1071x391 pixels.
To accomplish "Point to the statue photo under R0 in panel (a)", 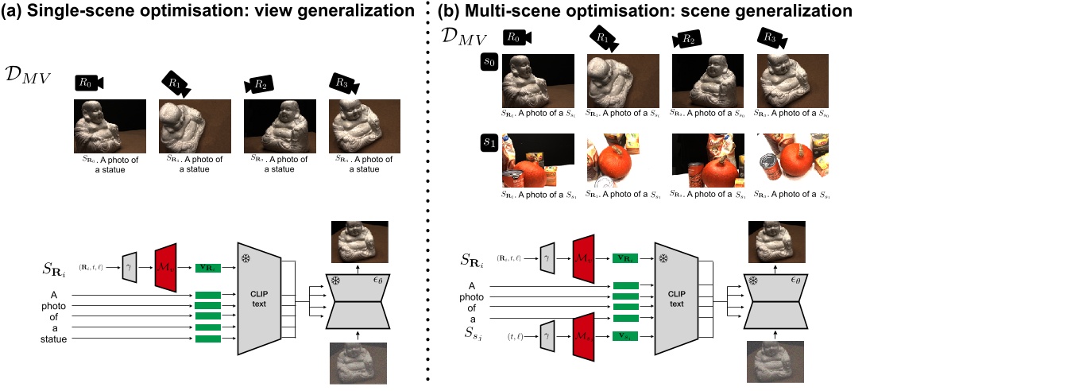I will pyautogui.click(x=109, y=126).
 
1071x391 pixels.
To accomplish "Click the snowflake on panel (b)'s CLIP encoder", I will pyautogui.click(x=663, y=258).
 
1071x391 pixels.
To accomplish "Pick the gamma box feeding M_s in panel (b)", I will pyautogui.click(x=547, y=337).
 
